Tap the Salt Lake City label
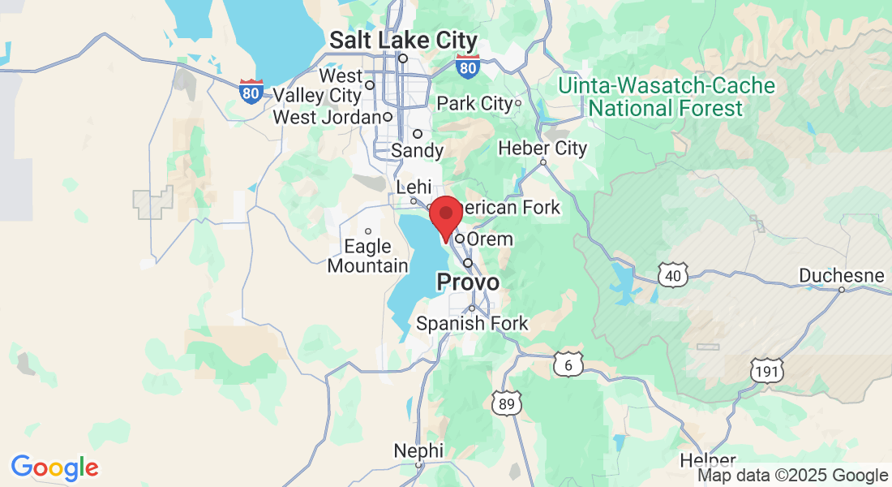(403, 41)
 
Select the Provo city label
(468, 282)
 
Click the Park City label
(475, 103)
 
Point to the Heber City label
(542, 149)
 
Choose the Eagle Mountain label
(368, 256)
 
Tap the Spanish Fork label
(472, 323)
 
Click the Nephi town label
(418, 450)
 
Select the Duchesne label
(841, 275)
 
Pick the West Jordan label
(327, 117)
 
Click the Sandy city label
(418, 150)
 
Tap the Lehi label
(414, 187)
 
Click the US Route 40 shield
(674, 275)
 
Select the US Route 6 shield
(568, 365)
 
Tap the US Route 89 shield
(505, 402)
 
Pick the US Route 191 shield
(766, 371)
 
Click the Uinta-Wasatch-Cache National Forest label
(667, 97)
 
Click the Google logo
(54, 468)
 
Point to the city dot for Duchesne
(841, 290)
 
